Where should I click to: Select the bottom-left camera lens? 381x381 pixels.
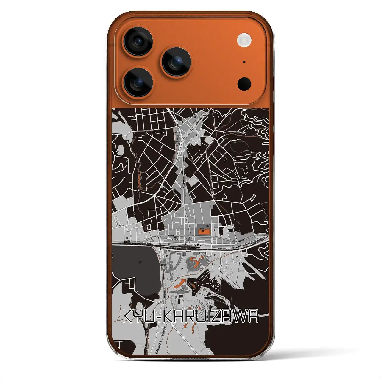coord(138,82)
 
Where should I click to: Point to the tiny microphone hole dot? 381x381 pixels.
coord(244,62)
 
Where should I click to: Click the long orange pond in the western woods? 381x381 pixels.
coord(139,180)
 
